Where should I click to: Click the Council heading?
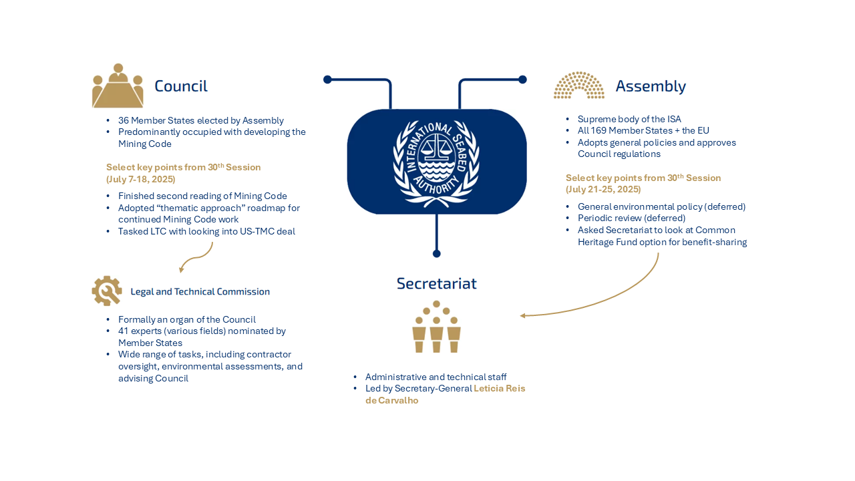click(180, 86)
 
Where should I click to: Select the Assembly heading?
click(650, 86)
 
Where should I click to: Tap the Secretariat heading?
click(436, 283)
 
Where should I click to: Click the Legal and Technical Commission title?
click(200, 291)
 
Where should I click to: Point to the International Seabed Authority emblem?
click(437, 162)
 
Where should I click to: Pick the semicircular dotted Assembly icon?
click(578, 86)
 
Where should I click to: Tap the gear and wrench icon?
click(107, 291)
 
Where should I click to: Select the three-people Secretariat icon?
click(436, 327)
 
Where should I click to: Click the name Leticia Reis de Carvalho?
click(445, 394)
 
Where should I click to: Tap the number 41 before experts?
click(124, 331)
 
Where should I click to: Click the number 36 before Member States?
click(124, 120)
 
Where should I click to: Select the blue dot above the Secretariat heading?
click(437, 253)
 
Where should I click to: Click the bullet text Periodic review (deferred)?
click(631, 218)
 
